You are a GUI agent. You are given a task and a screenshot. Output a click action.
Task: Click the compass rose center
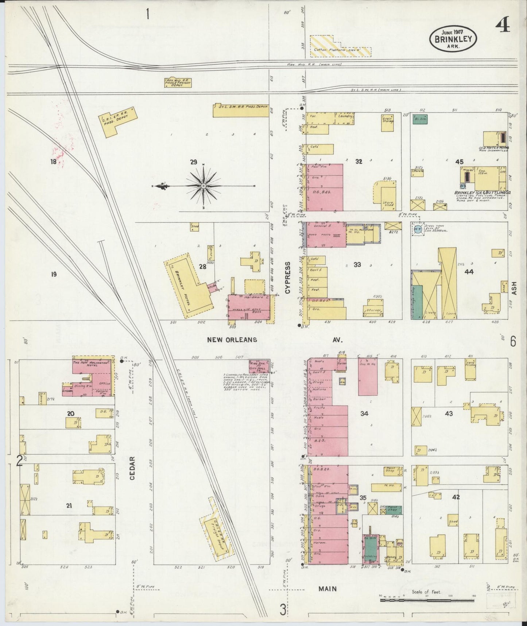203,186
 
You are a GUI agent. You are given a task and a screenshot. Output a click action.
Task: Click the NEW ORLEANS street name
232,340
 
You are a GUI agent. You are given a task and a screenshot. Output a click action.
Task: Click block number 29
193,161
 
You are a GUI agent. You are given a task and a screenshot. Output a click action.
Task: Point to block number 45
459,161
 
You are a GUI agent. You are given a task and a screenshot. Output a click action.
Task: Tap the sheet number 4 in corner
504,26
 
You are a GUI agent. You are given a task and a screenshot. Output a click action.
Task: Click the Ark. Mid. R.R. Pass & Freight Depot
178,82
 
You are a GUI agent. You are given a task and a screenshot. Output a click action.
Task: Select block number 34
364,413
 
